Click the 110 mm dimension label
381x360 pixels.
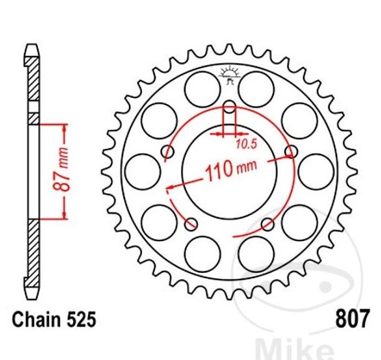coord(231,170)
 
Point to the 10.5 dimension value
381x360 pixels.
coord(246,145)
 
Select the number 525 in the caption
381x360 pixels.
coord(81,319)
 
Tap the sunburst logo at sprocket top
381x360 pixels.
coord(229,74)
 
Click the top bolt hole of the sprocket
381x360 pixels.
coord(229,107)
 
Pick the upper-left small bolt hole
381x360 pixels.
coord(167,152)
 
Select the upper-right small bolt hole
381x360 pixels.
coord(291,152)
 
